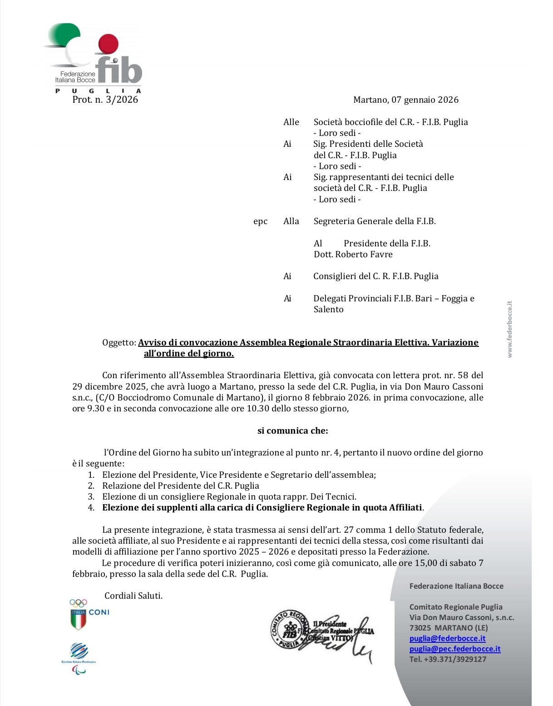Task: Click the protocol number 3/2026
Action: (x=121, y=100)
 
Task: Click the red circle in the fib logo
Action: (x=108, y=44)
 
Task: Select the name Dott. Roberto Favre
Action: (x=353, y=255)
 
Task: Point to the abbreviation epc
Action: (x=260, y=222)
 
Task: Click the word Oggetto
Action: (x=118, y=343)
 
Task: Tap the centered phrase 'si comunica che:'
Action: (x=292, y=431)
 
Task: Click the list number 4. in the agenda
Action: (x=91, y=508)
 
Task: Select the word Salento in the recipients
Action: (x=328, y=310)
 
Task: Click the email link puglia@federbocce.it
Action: (x=447, y=639)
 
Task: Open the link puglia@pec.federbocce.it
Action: (x=454, y=649)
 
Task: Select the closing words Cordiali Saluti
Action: (x=133, y=596)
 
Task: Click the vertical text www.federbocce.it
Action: (x=509, y=329)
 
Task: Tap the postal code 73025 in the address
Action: (x=420, y=628)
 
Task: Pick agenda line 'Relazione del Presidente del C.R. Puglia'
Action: (x=180, y=486)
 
